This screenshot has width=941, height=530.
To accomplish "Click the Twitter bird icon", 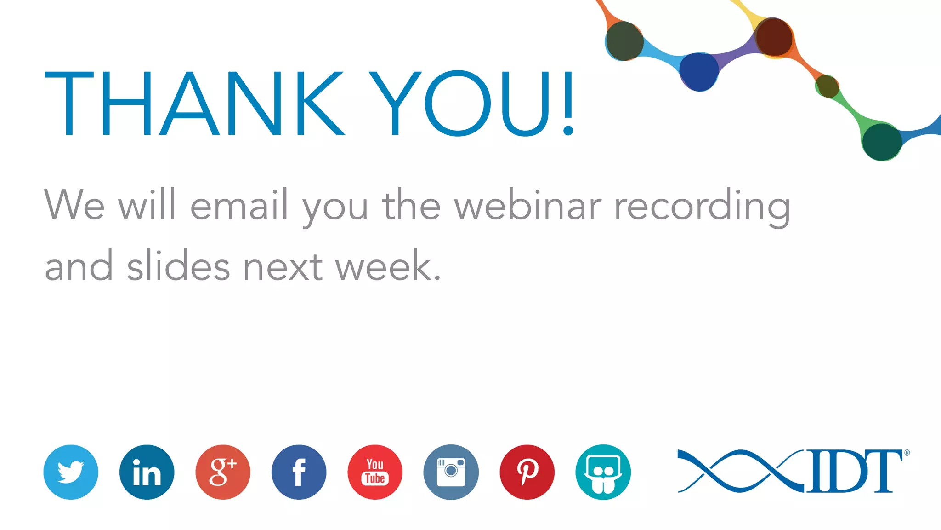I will (71, 472).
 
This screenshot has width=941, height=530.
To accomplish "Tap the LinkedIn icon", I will (147, 472).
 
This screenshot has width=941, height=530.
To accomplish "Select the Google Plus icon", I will (223, 472).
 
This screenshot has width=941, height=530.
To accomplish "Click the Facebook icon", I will (299, 472).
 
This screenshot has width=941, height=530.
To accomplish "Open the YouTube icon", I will (375, 472).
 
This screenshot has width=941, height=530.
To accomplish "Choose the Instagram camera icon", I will (451, 472).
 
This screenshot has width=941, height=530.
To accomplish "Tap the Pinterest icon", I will (527, 472).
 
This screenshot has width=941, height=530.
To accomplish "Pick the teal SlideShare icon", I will (603, 472).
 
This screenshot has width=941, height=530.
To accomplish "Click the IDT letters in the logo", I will (855, 471).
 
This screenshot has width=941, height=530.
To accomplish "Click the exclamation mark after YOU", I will (568, 104).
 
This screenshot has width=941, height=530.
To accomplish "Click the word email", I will (239, 206).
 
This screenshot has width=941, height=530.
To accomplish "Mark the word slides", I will (178, 265).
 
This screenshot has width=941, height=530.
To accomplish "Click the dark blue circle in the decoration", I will (699, 71).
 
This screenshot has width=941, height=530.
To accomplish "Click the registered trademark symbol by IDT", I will (907, 453).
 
